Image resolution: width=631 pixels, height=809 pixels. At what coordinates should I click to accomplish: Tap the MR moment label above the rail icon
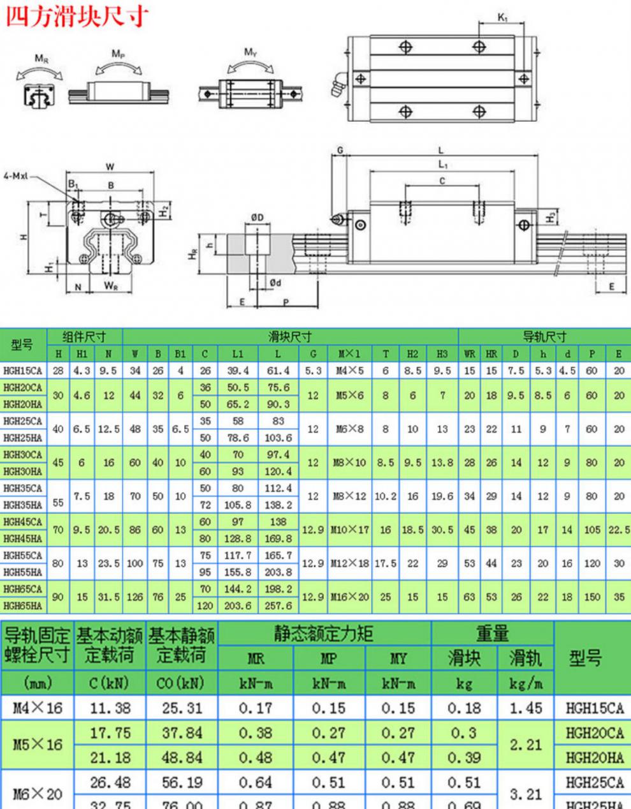click(41, 59)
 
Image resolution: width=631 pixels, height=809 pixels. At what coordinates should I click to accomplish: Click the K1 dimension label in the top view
click(502, 17)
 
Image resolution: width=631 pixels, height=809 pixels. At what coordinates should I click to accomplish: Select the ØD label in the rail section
click(257, 218)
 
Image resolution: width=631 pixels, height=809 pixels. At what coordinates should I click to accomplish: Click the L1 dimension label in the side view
click(442, 165)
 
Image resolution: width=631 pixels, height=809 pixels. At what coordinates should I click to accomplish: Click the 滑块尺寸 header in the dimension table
click(290, 336)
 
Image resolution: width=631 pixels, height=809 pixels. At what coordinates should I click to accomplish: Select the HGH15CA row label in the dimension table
click(22, 370)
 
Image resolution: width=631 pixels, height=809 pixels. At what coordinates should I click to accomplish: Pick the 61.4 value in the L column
click(278, 370)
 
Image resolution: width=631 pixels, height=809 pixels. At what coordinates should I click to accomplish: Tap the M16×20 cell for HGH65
click(349, 597)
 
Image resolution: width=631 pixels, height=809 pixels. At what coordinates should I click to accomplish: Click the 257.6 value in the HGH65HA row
click(278, 605)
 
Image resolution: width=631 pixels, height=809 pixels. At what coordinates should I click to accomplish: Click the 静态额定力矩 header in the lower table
click(324, 634)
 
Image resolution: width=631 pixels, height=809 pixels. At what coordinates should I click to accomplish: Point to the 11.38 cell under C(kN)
click(110, 708)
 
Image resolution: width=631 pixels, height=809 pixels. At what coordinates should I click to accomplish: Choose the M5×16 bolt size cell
click(38, 745)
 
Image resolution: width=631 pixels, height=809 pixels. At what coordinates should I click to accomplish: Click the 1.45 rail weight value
click(526, 708)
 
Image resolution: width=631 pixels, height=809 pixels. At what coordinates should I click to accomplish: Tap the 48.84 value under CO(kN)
click(182, 757)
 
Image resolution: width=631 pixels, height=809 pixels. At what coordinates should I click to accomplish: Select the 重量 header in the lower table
click(493, 634)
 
